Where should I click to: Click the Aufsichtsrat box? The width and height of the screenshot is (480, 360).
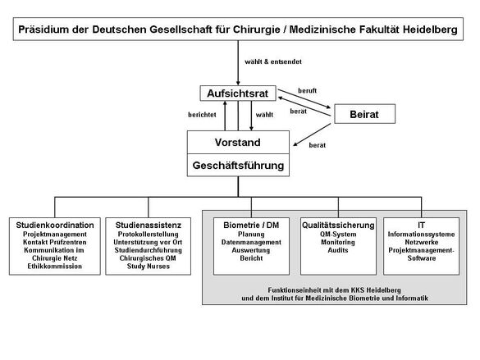point(238,93)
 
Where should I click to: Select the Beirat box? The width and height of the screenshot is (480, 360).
point(364,114)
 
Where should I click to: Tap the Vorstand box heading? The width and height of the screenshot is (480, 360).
point(238,142)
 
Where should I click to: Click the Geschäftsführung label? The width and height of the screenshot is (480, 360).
point(238,166)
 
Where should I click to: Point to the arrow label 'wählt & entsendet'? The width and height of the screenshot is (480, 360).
point(273,62)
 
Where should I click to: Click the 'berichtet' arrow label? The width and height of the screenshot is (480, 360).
point(202,115)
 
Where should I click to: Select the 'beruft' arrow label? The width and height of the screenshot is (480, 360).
point(308,91)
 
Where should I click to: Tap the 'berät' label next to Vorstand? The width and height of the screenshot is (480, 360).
point(318,145)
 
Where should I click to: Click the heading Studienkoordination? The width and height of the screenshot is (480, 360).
point(55,226)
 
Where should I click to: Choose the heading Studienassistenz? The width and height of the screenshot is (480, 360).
point(149,226)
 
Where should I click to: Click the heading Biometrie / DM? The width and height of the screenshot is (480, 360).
point(251,226)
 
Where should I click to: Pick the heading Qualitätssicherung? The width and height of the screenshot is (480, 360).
point(338,226)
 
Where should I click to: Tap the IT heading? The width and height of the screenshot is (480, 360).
point(421,226)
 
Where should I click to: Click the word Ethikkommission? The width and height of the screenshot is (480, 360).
point(55,266)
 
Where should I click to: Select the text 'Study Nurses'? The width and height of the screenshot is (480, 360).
point(149,266)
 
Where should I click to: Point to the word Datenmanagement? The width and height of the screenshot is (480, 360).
point(251,242)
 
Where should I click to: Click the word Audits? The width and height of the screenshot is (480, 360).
point(338,250)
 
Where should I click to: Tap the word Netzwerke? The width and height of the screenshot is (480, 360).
point(422,242)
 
